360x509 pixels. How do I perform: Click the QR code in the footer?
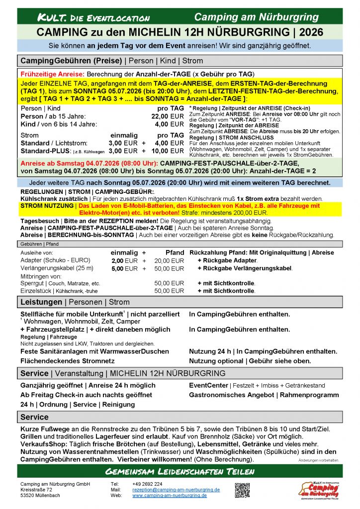click(x=242, y=490)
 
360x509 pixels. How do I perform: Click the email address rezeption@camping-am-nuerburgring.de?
click(x=176, y=490)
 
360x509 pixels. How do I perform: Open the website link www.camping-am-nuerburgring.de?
click(x=170, y=496)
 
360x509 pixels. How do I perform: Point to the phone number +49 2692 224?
click(x=147, y=484)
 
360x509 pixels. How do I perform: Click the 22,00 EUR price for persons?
click(x=168, y=116)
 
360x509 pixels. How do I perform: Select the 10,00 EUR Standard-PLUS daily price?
click(x=168, y=151)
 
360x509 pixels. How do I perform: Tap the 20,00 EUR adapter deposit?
click(x=169, y=260)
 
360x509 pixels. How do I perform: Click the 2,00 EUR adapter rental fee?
click(x=124, y=260)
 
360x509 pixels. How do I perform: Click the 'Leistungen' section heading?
click(x=41, y=302)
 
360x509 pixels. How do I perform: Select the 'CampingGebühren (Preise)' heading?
click(x=71, y=61)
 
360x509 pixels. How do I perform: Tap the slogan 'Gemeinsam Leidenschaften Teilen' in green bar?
click(x=180, y=471)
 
